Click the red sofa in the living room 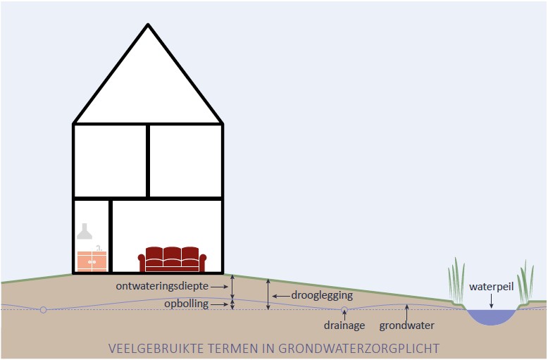click(x=173, y=259)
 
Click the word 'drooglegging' click(x=322, y=295)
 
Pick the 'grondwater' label click(x=406, y=325)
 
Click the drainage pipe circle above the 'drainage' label click(x=344, y=310)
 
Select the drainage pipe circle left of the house click(x=43, y=309)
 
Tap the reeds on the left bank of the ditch click(x=457, y=282)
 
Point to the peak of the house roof click(x=148, y=26)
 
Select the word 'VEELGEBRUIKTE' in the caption click(x=149, y=348)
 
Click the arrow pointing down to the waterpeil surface click(x=492, y=302)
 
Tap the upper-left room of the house click(x=110, y=161)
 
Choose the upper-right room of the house click(x=186, y=161)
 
